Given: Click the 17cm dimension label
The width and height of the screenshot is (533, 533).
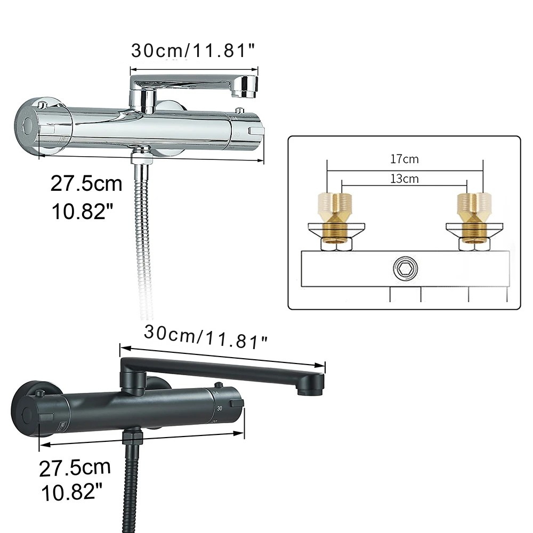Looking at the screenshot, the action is [404, 159].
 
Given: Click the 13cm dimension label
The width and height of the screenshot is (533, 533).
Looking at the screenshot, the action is [404, 179].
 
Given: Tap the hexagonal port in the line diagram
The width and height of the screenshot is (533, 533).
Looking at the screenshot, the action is [405, 268].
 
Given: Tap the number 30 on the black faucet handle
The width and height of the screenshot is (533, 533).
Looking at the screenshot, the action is [220, 408].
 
